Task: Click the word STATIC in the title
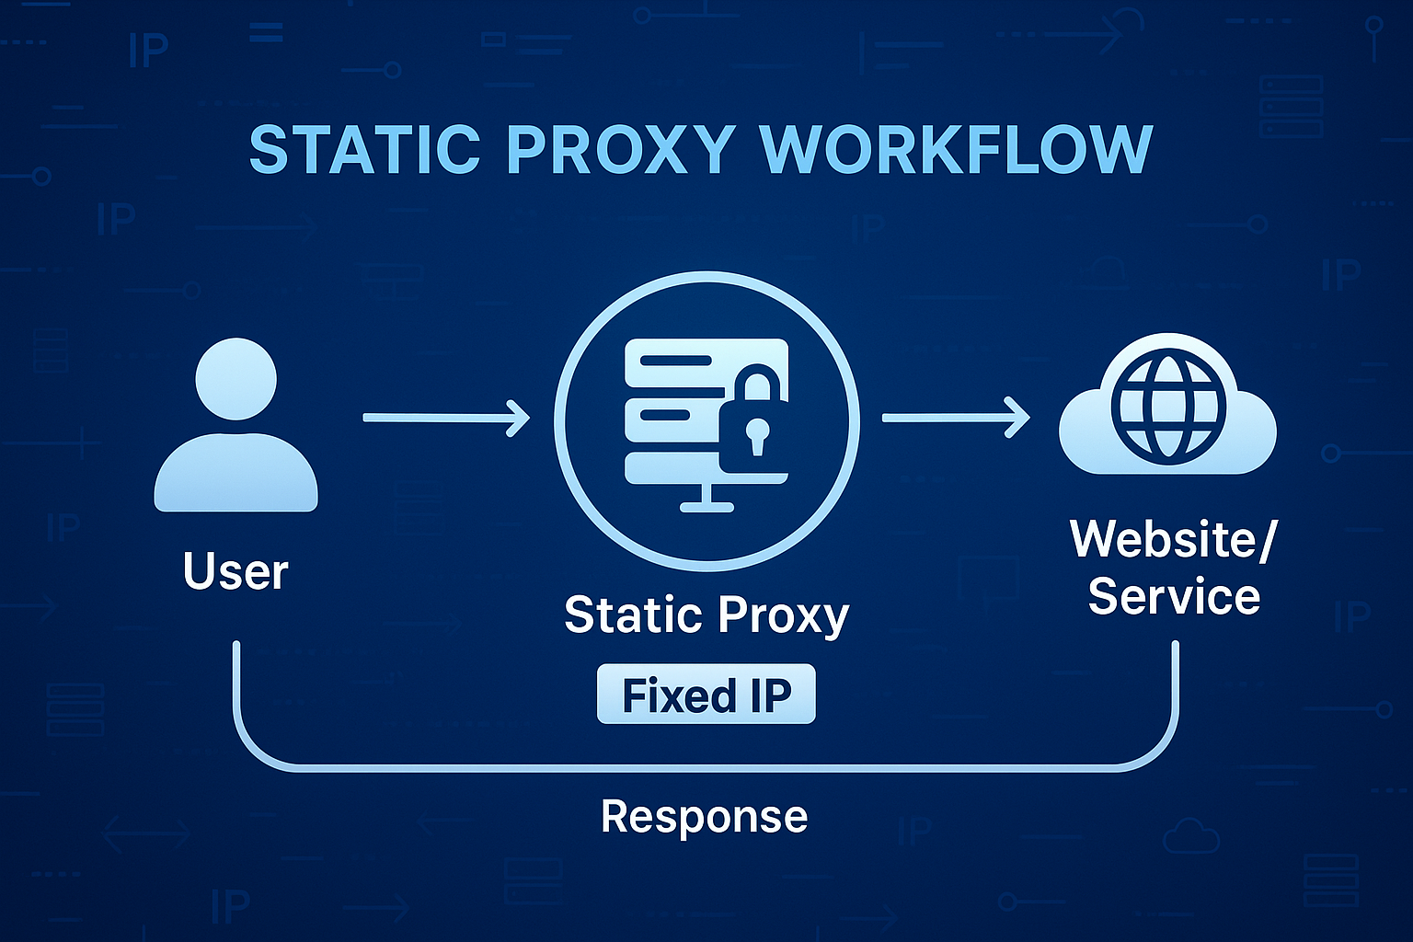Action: click(x=364, y=149)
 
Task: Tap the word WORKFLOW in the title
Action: click(x=956, y=149)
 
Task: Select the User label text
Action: click(x=235, y=571)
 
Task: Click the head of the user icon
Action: click(x=236, y=379)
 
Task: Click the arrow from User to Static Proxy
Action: click(x=446, y=418)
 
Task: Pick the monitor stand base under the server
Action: click(x=706, y=505)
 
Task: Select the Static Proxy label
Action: click(x=706, y=615)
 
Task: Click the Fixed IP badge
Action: click(x=706, y=695)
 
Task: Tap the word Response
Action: click(x=704, y=816)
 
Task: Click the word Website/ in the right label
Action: click(x=1173, y=539)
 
